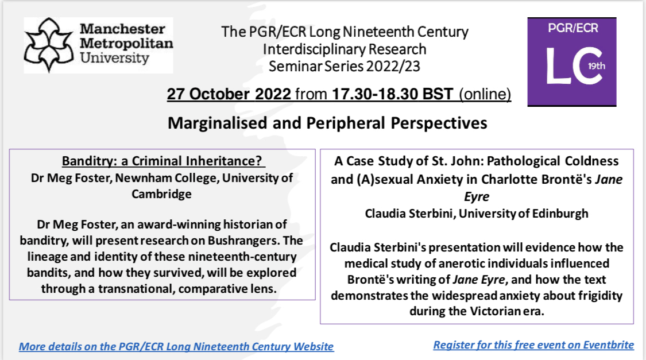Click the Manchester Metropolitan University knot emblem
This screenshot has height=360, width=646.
point(49,44)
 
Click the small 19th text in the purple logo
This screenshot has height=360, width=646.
point(596,66)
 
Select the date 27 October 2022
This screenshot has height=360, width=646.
point(229,94)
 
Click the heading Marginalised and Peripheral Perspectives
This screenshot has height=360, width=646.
point(327,123)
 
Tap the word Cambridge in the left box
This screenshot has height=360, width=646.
point(163,193)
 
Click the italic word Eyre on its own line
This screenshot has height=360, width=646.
point(477,196)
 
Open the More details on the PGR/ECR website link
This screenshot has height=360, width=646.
point(176,346)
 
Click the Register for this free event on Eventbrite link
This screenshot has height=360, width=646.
point(533,345)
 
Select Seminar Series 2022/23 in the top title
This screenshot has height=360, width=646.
point(344,67)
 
